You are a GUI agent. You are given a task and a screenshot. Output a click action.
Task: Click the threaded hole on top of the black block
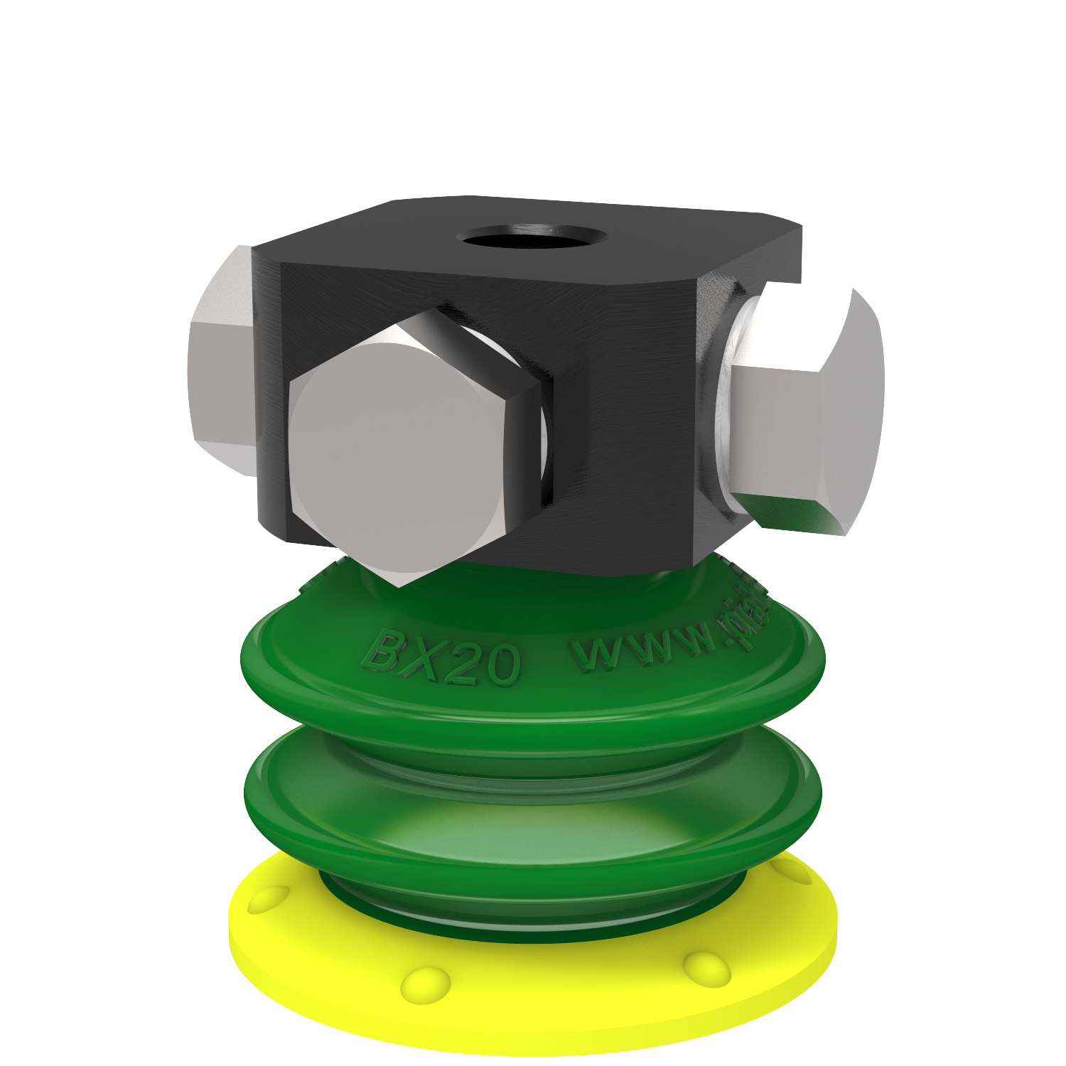pyautogui.click(x=532, y=236)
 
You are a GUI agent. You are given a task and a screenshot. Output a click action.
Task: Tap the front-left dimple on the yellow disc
pyautogui.click(x=424, y=984)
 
